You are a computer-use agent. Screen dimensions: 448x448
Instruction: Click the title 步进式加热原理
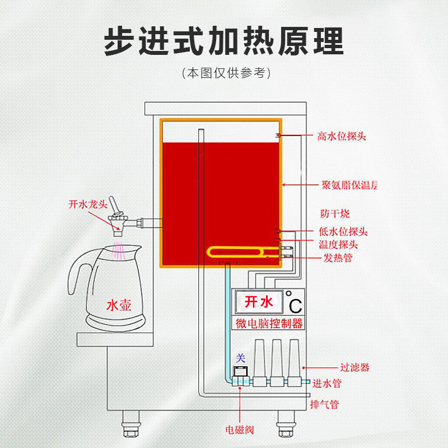tap(223, 40)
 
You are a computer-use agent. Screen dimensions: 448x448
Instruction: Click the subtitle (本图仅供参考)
tap(223, 73)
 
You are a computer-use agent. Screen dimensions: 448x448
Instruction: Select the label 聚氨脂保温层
tap(349, 185)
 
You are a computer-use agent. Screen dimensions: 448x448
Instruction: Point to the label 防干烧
tap(335, 214)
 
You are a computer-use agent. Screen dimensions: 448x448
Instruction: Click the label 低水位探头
tap(343, 232)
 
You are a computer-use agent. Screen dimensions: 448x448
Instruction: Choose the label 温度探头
tap(338, 245)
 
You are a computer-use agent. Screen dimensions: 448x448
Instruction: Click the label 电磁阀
tap(240, 430)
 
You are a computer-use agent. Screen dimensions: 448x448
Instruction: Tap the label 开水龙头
tap(88, 204)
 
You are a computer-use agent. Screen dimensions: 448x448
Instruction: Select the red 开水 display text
tap(259, 303)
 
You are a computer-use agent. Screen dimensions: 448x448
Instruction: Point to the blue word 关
tap(241, 357)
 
